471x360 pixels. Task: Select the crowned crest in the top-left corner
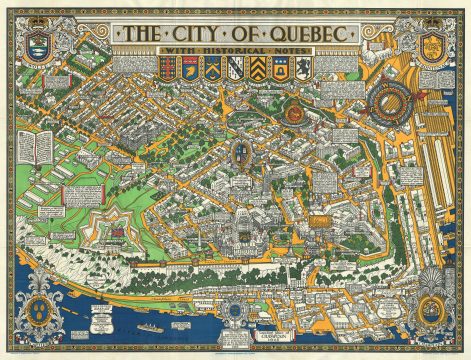[40, 42]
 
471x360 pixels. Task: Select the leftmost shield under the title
[165, 67]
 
